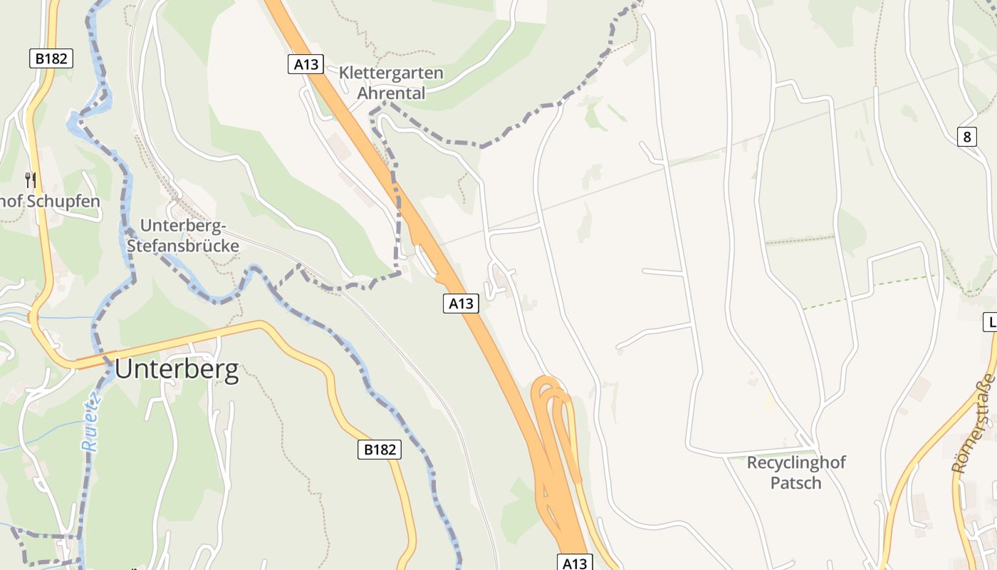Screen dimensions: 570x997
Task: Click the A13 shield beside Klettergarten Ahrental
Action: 306,64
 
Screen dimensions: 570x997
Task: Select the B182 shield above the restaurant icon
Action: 51,58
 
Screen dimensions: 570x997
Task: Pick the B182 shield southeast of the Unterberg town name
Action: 379,449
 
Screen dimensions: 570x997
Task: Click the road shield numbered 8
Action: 966,137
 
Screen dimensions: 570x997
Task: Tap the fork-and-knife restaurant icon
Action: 30,180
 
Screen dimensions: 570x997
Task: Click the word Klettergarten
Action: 391,73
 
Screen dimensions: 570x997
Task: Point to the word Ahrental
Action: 391,93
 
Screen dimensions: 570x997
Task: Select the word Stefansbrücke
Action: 182,246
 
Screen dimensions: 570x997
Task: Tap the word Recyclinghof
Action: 796,462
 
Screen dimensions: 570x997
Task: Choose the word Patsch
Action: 796,483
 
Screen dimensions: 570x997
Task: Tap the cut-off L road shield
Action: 991,322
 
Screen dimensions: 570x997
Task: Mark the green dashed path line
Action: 869,291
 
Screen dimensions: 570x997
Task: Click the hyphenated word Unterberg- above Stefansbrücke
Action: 183,226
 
